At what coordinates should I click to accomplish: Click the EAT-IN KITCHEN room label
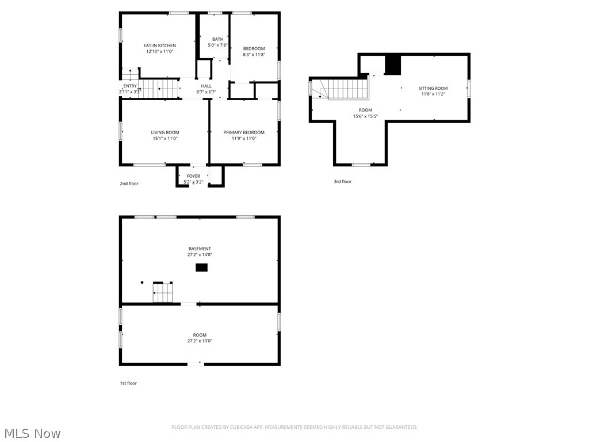159,45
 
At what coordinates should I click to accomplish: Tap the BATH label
217,39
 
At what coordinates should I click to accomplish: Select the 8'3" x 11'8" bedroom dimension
254,55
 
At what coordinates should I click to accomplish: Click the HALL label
206,86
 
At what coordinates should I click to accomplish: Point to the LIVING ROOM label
165,132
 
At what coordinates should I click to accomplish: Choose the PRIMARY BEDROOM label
244,132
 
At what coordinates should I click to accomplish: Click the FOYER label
193,176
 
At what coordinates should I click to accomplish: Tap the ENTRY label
130,86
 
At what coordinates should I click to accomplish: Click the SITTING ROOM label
433,88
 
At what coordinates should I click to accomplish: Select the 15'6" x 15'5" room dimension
365,116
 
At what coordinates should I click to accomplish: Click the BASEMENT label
200,249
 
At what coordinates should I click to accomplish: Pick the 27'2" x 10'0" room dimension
200,341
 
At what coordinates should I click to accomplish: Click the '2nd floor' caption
129,184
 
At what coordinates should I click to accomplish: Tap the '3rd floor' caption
342,181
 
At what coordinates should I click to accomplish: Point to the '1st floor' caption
128,383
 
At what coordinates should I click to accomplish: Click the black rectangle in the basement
201,267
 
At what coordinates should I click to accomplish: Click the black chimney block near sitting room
392,64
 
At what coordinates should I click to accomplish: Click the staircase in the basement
163,292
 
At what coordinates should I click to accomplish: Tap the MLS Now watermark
32,433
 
